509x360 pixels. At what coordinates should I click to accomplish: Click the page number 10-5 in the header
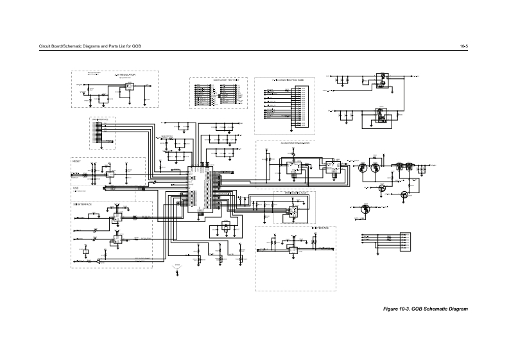(463, 47)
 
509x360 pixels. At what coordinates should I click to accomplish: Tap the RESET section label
(76, 161)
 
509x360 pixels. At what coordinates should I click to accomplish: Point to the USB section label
(75, 187)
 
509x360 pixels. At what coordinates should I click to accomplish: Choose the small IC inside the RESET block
(110, 174)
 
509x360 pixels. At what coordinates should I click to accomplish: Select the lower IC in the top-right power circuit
(381, 116)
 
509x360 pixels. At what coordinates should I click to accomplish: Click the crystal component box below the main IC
(225, 226)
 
